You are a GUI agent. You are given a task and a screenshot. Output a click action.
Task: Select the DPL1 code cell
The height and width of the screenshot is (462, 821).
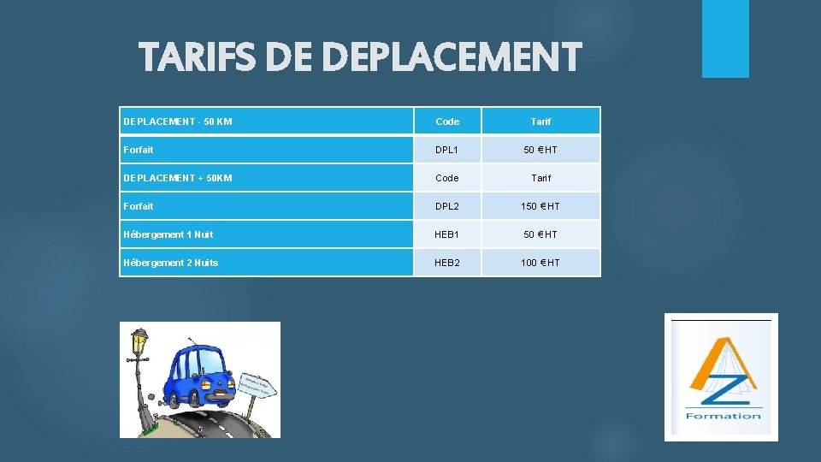pos(447,150)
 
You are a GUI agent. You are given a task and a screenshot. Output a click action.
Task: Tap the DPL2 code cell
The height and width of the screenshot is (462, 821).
pos(447,206)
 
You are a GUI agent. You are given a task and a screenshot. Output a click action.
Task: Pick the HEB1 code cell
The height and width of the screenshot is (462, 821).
pos(447,234)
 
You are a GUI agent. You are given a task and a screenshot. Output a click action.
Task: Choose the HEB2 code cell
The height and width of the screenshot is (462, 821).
pos(447,263)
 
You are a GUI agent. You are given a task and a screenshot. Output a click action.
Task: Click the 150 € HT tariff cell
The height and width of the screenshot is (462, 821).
pos(540,206)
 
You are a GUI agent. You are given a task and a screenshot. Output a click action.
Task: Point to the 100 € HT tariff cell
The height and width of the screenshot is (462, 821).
pos(540,263)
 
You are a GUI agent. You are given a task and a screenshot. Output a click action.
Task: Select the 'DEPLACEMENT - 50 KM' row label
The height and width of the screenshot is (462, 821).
pos(178,121)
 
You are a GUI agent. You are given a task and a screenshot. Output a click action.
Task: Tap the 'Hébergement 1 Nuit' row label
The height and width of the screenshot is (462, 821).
pos(168,234)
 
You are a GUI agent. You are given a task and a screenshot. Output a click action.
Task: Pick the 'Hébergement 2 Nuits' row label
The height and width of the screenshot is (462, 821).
pos(171,263)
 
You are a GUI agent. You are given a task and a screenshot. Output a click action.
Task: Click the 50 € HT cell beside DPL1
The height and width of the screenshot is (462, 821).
pos(540,150)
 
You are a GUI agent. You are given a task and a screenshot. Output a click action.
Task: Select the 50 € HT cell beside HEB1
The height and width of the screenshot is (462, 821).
pos(540,234)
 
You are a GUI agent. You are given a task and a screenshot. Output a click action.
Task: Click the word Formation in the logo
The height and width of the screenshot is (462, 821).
pos(723,417)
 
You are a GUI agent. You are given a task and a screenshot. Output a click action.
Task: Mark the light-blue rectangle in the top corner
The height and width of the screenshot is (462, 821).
pos(725,38)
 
